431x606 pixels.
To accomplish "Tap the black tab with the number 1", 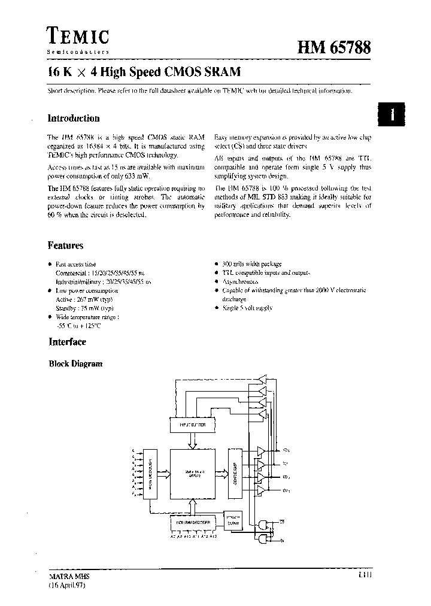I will tap(392, 114).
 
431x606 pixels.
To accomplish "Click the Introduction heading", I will tap(74, 119).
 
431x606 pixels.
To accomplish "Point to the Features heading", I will tap(66, 246).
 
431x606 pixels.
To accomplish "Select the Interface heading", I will tap(67, 342).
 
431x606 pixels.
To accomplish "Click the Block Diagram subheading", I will tap(75, 363).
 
